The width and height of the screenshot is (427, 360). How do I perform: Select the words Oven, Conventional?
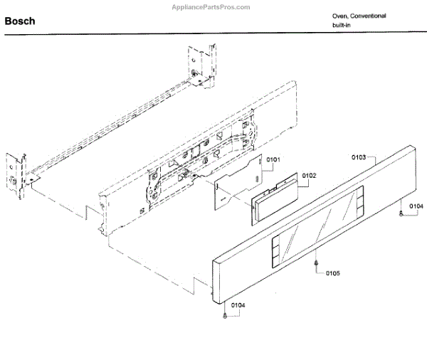click(x=359, y=16)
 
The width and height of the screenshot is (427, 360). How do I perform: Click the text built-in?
click(x=342, y=26)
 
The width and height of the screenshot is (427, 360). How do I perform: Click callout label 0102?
click(x=309, y=175)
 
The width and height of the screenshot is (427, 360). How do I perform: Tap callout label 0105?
click(x=333, y=273)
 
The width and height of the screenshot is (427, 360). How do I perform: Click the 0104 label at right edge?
click(x=415, y=206)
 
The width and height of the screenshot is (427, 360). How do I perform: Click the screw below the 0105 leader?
click(x=315, y=266)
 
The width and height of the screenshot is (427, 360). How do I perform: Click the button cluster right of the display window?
click(x=359, y=201)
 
